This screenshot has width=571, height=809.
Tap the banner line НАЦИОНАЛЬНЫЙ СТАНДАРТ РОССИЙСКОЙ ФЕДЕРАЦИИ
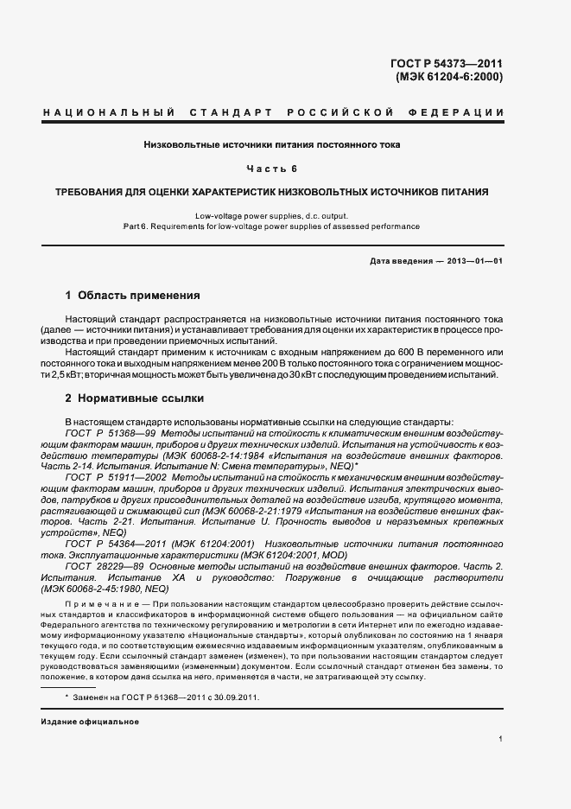(274, 113)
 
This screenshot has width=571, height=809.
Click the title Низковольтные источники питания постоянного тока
(271, 144)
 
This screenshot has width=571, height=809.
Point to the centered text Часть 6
(271, 168)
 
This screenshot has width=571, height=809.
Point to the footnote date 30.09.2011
(236, 696)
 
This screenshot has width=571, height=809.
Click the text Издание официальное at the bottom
(85, 722)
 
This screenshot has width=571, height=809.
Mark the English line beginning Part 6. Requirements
(271, 226)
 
